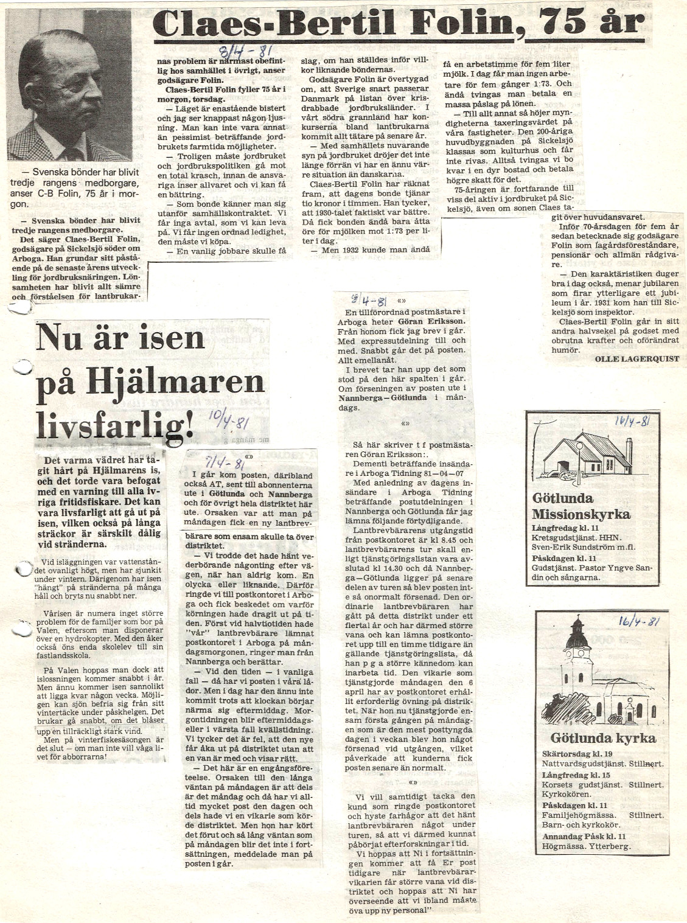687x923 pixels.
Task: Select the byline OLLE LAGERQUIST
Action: coord(636,359)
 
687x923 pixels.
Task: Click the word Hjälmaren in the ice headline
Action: coord(176,382)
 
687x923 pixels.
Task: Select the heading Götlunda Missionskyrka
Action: coord(581,506)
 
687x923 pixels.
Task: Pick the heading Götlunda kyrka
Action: coord(602,738)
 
